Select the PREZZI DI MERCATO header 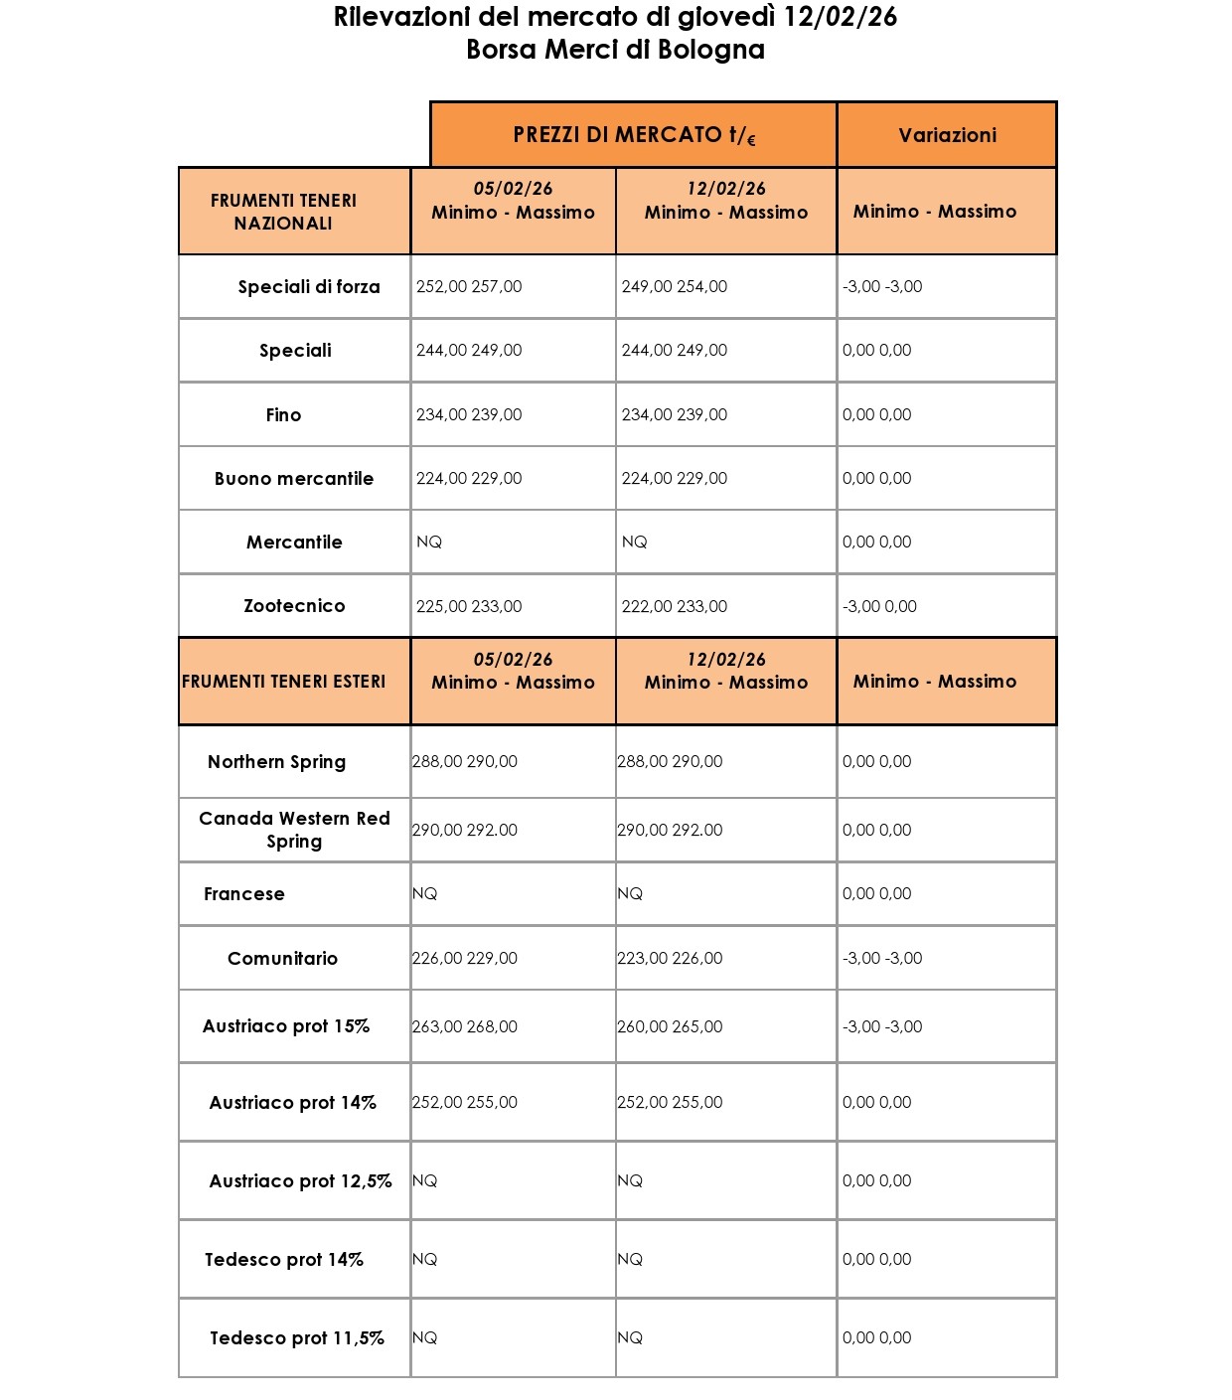(634, 135)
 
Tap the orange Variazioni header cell (947, 135)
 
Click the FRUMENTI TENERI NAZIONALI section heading (283, 212)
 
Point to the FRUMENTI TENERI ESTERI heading (283, 682)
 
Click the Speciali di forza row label (309, 287)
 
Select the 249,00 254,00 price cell (675, 287)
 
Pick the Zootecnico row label (294, 606)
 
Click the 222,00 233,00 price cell (675, 606)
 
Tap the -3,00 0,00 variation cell (879, 606)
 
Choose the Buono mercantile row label (294, 479)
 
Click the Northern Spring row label (276, 762)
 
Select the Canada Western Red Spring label (294, 830)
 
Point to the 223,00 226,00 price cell (670, 959)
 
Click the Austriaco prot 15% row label (286, 1026)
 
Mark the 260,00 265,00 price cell (670, 1027)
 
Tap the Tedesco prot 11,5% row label (297, 1338)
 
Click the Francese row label (244, 894)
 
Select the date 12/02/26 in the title (841, 17)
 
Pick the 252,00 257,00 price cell (469, 287)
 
